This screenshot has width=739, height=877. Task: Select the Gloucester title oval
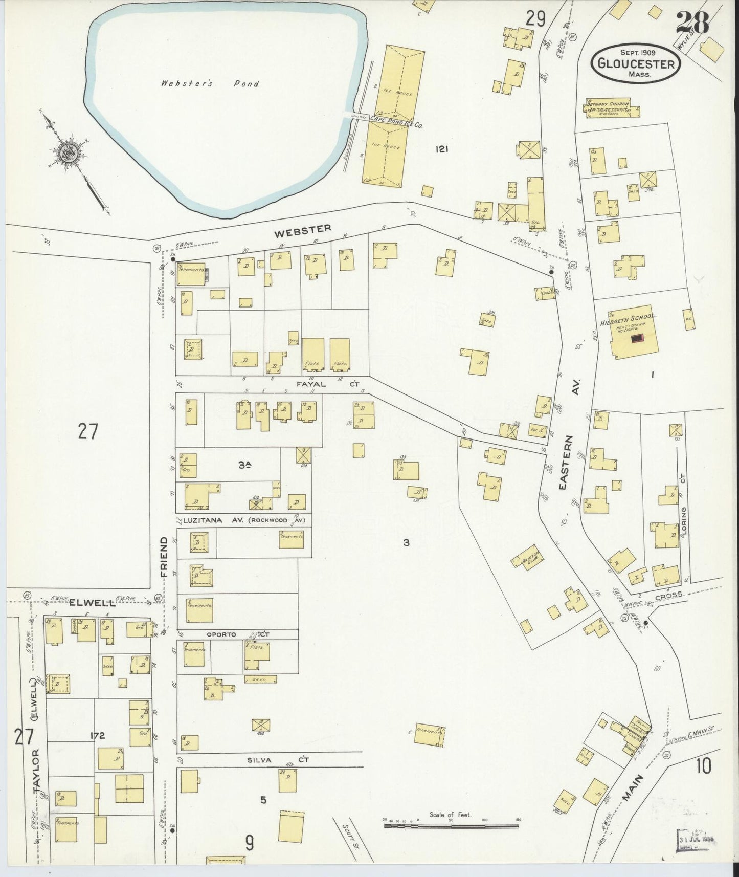(x=636, y=62)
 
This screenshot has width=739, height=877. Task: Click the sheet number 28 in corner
(x=692, y=23)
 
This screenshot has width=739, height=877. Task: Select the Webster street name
(x=303, y=231)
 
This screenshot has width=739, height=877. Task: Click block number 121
(x=442, y=149)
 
